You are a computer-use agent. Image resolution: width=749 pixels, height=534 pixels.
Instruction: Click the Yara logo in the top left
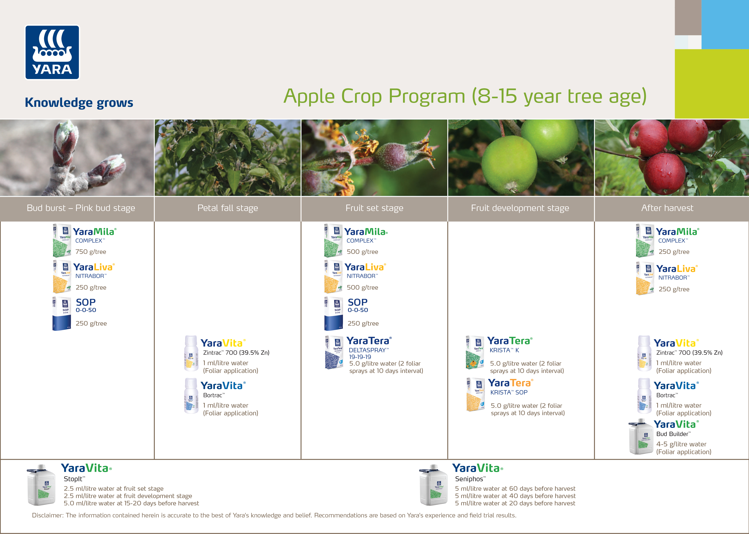[52, 53]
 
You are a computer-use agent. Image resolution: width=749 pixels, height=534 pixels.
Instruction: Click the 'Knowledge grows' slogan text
[79, 102]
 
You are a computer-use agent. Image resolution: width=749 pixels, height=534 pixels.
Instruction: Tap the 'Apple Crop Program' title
[465, 96]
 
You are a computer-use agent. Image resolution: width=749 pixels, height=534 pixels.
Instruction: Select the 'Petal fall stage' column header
[228, 208]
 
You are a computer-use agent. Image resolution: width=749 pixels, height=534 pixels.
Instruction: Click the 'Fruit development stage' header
[520, 208]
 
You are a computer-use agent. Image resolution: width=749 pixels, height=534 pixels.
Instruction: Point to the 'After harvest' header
[667, 208]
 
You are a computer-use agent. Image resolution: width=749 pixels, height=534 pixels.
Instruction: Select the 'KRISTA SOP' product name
[509, 393]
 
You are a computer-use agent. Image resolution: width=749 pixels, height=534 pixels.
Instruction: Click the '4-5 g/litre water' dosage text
[681, 444]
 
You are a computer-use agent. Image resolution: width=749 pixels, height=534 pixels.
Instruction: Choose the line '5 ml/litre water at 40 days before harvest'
[515, 496]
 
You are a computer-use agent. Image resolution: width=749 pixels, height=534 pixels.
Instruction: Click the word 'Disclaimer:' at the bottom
[48, 515]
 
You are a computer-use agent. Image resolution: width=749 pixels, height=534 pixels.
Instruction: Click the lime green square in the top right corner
[712, 84]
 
